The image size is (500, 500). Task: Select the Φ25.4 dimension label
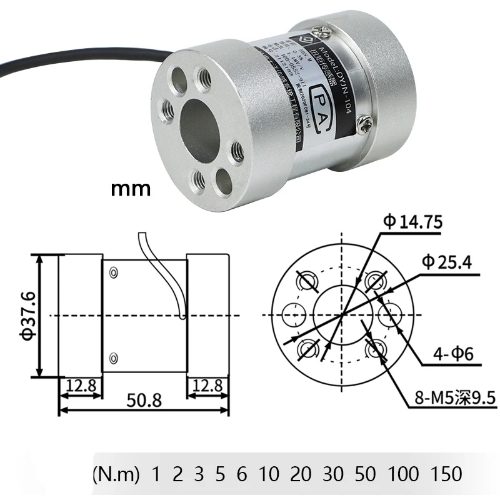[x=446, y=262]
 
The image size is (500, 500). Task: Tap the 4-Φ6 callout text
[x=452, y=355]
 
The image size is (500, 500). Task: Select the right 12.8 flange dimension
[x=207, y=385]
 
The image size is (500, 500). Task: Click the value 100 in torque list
[x=404, y=473]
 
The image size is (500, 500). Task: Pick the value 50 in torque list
[x=364, y=473]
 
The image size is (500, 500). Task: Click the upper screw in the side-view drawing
[x=113, y=273]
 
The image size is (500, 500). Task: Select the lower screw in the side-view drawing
[x=113, y=357]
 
